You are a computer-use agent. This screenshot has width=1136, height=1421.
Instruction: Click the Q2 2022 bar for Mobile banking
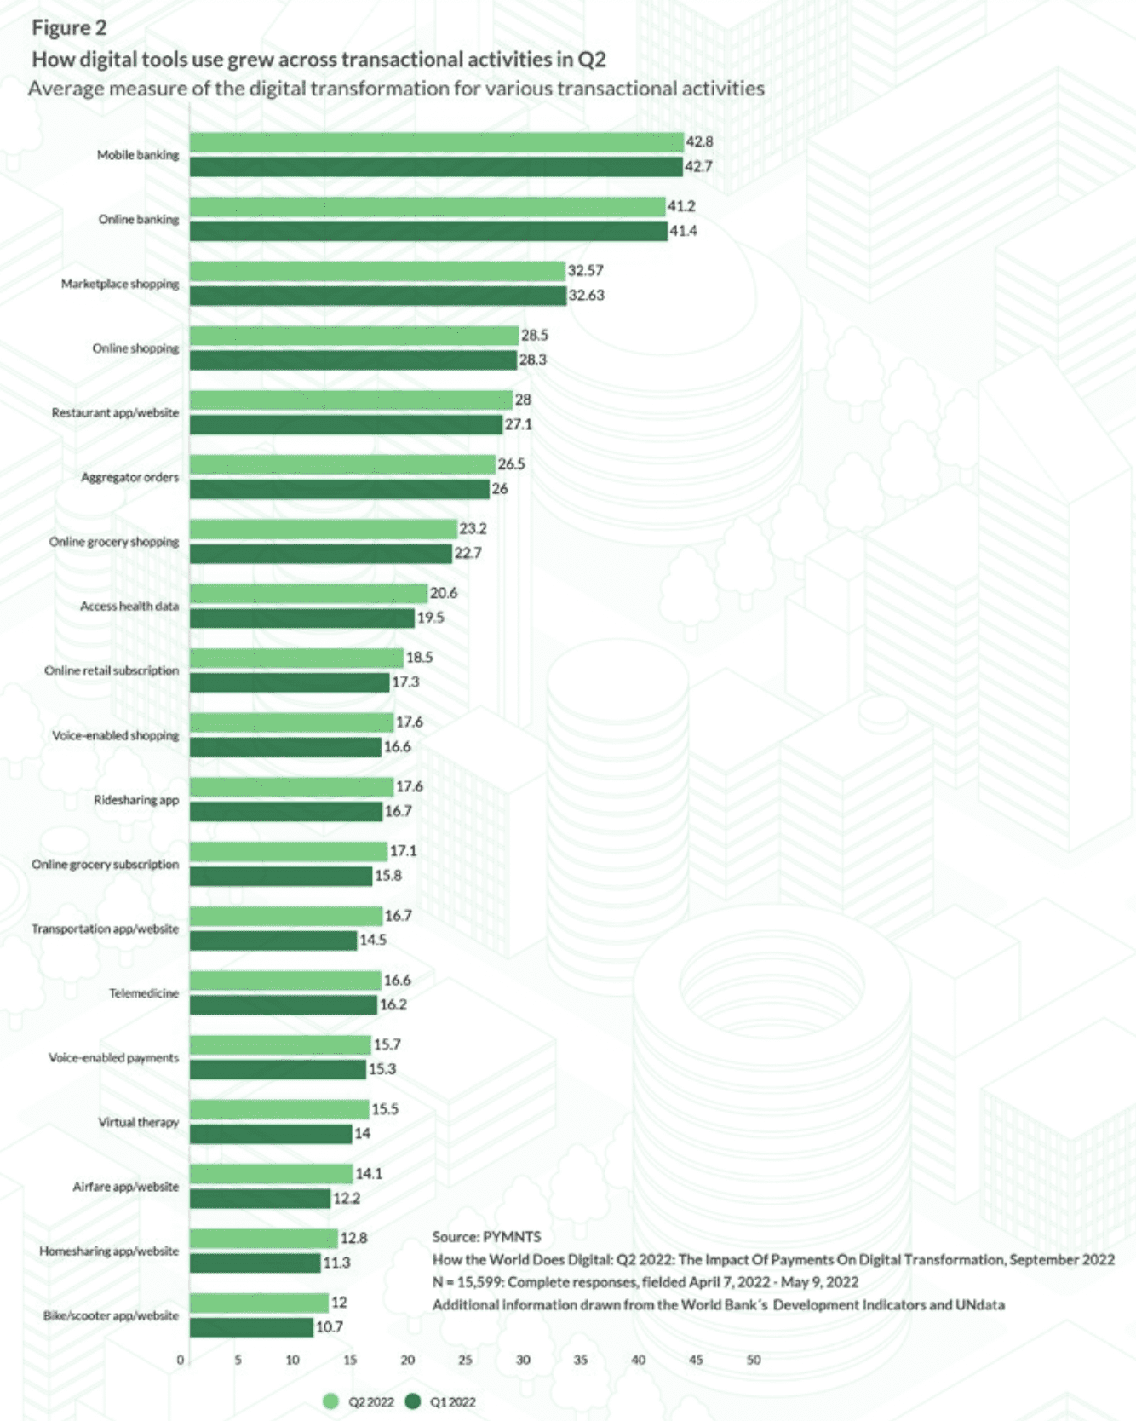pyautogui.click(x=436, y=142)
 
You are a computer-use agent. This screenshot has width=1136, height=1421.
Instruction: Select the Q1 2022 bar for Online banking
pyautogui.click(x=428, y=231)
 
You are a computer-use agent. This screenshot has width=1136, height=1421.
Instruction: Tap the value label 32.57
pyautogui.click(x=585, y=271)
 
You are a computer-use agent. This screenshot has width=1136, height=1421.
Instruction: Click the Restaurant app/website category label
pyautogui.click(x=115, y=413)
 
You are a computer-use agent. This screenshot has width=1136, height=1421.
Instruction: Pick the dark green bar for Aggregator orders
pyautogui.click(x=339, y=489)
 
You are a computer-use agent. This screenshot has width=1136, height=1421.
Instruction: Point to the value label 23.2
pyautogui.click(x=473, y=529)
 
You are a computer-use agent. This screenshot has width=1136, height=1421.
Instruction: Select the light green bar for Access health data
pyautogui.click(x=308, y=594)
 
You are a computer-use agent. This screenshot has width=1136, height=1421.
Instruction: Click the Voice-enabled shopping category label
pyautogui.click(x=115, y=736)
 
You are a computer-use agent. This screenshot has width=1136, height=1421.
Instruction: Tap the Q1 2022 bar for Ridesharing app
pyautogui.click(x=285, y=812)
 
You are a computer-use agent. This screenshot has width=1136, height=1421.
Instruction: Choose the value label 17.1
pyautogui.click(x=403, y=851)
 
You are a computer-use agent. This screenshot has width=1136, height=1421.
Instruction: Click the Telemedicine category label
pyautogui.click(x=144, y=994)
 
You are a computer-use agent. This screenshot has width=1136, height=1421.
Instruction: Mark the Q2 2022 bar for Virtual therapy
pyautogui.click(x=278, y=1109)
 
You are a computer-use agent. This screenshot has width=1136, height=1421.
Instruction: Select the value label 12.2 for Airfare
pyautogui.click(x=346, y=1199)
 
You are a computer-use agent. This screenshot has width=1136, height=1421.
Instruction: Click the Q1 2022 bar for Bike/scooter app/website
pyautogui.click(x=251, y=1327)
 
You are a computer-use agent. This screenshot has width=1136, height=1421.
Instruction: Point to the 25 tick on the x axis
pyautogui.click(x=465, y=1361)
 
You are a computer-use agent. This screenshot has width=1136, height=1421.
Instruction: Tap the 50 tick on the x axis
pyautogui.click(x=754, y=1361)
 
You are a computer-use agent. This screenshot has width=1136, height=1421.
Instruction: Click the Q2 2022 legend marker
pyautogui.click(x=331, y=1401)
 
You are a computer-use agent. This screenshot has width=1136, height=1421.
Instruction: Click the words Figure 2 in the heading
pyautogui.click(x=69, y=28)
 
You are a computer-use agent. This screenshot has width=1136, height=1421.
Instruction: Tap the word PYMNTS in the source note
pyautogui.click(x=512, y=1237)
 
